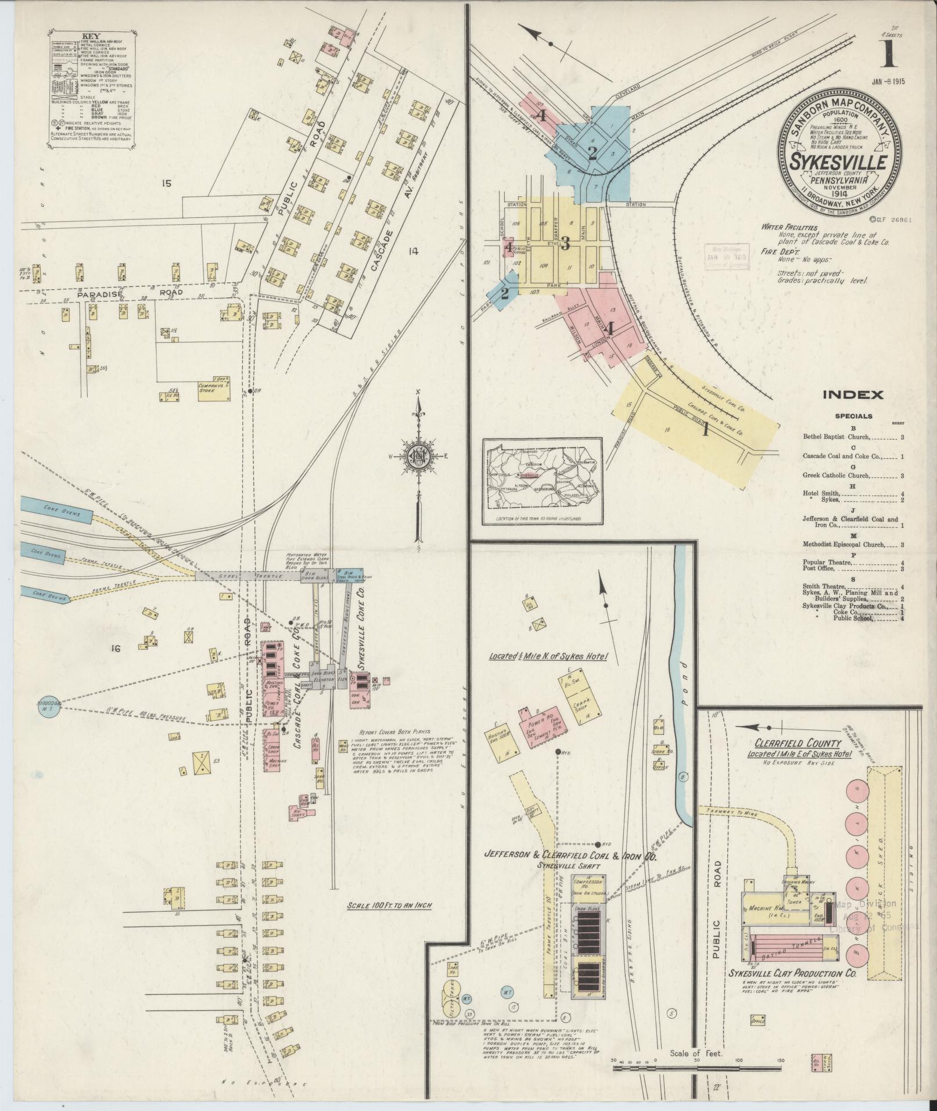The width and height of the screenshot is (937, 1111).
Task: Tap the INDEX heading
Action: tap(853, 395)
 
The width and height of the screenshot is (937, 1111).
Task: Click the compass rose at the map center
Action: tap(417, 455)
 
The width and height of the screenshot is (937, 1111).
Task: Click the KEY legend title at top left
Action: tap(92, 36)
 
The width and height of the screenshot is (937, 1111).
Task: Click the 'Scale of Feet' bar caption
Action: tap(695, 1049)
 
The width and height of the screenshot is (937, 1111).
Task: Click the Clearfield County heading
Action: tap(798, 743)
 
